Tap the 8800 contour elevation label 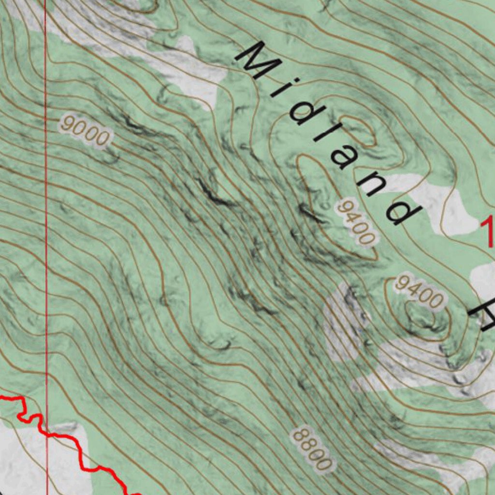click(x=313, y=449)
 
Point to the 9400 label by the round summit click(x=419, y=291)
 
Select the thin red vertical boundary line click(x=46, y=242)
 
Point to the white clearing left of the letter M click(x=189, y=73)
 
